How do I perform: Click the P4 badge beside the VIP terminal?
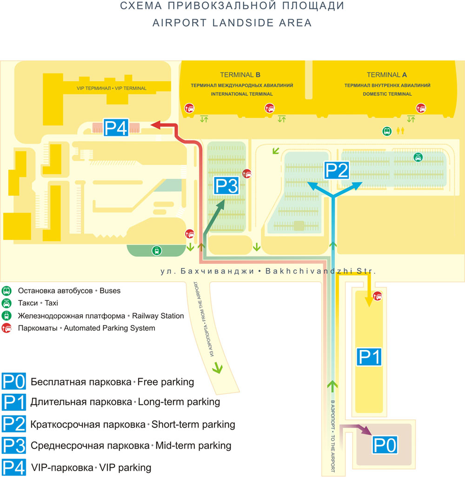[x=116, y=127]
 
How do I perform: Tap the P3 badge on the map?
[x=226, y=186]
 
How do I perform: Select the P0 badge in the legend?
[x=13, y=381]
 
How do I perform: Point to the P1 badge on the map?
[x=369, y=357]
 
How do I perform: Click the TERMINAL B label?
[x=240, y=75]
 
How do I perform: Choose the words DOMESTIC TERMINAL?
[x=387, y=94]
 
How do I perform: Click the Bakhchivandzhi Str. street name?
[x=321, y=271]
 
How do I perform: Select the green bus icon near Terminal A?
[x=387, y=131]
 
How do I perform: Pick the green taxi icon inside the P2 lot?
[x=418, y=157]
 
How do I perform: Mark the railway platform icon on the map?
[x=157, y=251]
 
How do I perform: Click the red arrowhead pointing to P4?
[x=156, y=125]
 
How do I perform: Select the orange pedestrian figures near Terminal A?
[x=400, y=131]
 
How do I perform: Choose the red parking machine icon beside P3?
[x=246, y=174]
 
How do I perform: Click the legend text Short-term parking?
[x=193, y=425]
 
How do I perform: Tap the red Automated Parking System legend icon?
[x=7, y=328]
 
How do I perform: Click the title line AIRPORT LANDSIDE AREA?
[x=232, y=23]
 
